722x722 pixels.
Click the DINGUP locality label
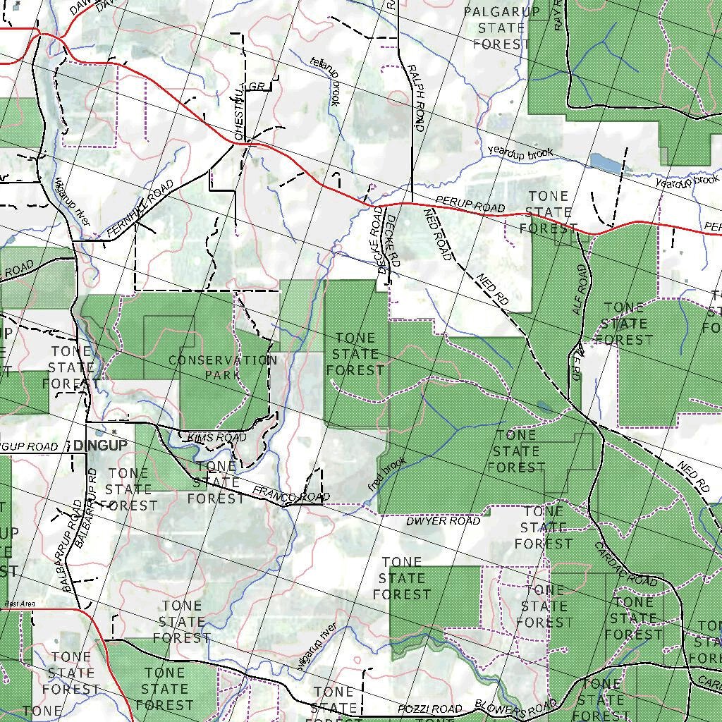100,446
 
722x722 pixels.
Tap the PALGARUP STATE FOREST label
501,27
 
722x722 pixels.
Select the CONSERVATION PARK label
223,367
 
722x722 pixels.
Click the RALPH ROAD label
416,97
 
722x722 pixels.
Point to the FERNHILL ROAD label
140,209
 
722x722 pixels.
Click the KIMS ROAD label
217,438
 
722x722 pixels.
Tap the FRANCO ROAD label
290,494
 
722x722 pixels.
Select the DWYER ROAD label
443,521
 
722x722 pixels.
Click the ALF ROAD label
580,290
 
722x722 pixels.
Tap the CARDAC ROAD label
625,564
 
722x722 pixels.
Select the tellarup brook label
325,81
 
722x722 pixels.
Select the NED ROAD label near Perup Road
437,235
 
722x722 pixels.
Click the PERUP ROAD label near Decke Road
470,204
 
